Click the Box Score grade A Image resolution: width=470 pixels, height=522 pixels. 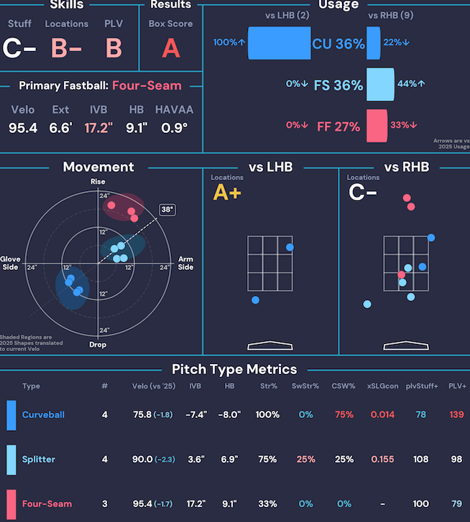[x=171, y=48]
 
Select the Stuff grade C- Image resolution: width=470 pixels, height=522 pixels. [x=19, y=48]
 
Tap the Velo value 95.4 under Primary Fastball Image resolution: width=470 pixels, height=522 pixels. [x=22, y=129]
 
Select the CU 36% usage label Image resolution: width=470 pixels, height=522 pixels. [x=338, y=44]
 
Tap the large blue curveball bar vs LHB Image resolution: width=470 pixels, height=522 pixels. [x=279, y=43]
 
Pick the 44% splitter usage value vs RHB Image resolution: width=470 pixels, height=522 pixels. [x=407, y=84]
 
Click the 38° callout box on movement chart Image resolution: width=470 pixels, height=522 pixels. [x=167, y=210]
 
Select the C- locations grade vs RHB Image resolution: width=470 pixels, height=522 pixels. [x=362, y=192]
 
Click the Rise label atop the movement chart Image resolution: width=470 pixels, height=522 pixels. [x=98, y=182]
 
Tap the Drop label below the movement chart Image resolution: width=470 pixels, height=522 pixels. [x=98, y=345]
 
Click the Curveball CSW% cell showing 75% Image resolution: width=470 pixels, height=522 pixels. [x=344, y=415]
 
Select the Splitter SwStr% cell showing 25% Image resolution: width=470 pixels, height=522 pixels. [x=306, y=460]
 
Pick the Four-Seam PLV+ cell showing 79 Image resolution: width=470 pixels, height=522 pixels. [x=456, y=504]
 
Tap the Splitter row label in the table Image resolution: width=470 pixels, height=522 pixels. [x=38, y=460]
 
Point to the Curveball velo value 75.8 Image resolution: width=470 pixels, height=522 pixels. [x=142, y=415]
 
